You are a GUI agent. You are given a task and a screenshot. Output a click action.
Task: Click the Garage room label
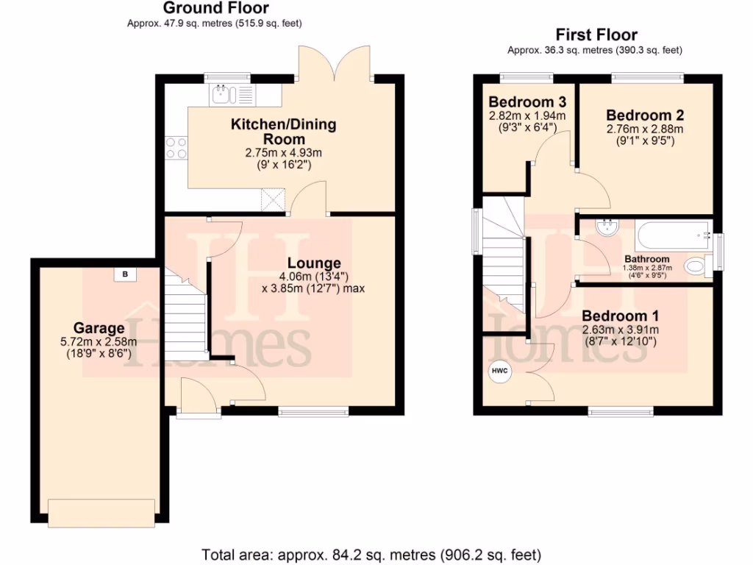[98, 328]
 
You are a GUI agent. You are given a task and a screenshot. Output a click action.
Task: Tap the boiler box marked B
[125, 274]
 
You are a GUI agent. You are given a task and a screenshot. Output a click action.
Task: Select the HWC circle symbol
[500, 371]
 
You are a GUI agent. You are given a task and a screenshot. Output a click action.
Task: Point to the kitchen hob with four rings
[176, 148]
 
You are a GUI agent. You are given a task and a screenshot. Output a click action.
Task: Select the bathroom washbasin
[607, 228]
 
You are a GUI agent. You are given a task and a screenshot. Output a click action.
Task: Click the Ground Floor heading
[215, 9]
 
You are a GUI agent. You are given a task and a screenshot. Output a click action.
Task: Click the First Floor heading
[596, 35]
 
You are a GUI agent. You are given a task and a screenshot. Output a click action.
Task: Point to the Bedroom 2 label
[645, 115]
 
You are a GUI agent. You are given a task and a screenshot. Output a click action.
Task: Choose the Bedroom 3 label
[527, 102]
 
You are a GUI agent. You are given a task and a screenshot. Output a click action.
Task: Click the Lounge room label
[314, 263]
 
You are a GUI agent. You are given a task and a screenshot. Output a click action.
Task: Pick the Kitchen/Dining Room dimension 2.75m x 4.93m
[284, 153]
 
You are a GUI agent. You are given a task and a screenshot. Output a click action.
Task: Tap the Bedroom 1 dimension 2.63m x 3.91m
[620, 330]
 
